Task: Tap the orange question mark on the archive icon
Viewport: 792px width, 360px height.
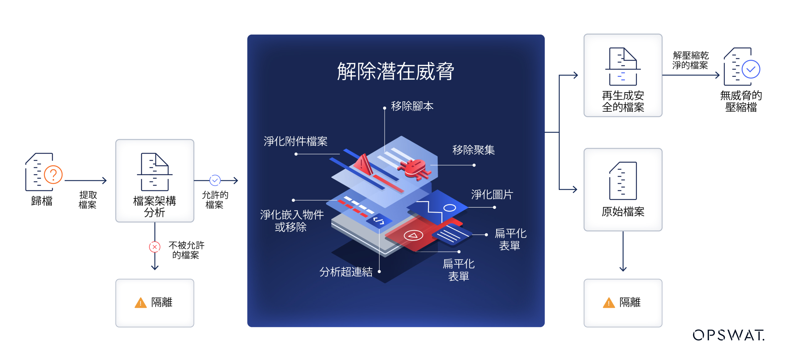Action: coord(53,175)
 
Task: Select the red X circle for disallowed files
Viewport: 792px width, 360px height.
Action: coord(155,247)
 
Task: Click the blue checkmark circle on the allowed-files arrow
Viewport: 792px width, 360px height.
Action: coord(215,180)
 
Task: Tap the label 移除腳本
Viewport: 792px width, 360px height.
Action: coord(412,106)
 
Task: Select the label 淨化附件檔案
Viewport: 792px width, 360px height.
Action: coord(295,141)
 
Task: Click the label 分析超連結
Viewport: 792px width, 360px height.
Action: coord(346,272)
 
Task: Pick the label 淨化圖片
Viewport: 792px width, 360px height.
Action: coord(492,195)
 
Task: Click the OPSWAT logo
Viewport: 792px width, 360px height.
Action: coord(728,335)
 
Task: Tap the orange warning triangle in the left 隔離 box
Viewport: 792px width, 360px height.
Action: coord(141,303)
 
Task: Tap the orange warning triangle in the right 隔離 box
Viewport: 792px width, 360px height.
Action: coord(608,303)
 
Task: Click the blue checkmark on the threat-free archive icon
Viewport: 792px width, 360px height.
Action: coord(751,69)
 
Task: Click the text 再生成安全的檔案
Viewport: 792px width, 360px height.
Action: coord(623,101)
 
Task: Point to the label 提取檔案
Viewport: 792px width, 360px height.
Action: coord(88,200)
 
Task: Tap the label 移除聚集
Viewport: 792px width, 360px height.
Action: coord(473,150)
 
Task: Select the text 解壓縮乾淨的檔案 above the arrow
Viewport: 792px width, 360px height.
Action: coord(691,60)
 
